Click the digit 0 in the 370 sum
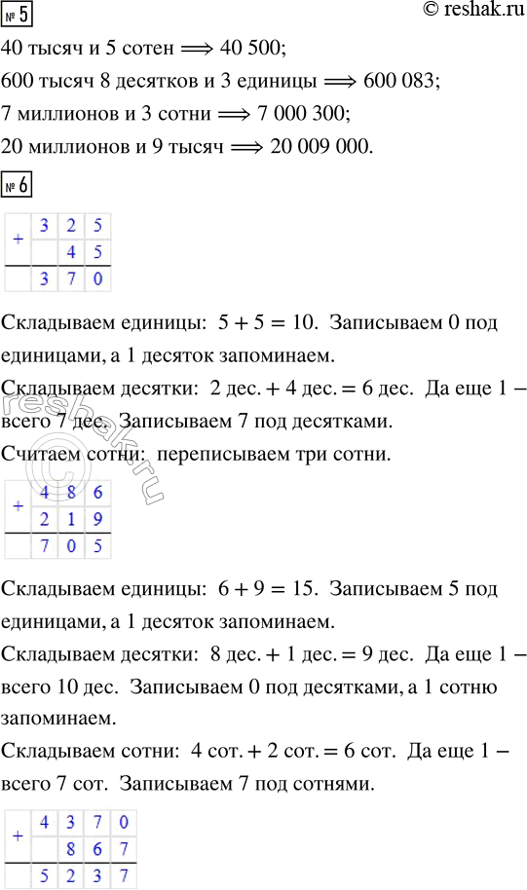pos(97,280)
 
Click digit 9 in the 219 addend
pos(97,519)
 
